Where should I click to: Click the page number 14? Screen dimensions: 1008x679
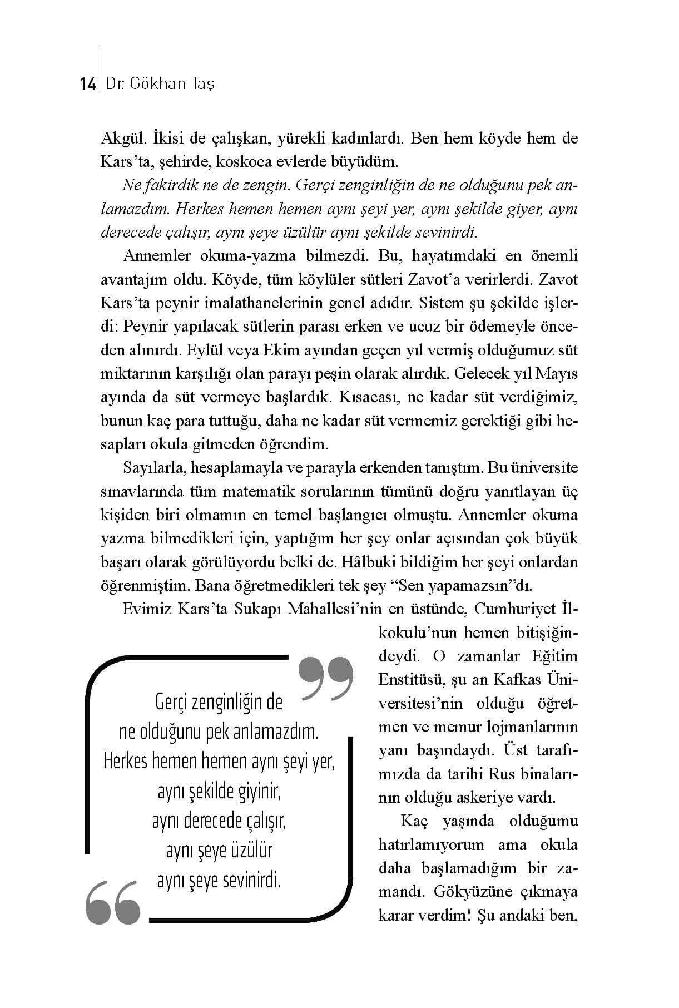coord(88,84)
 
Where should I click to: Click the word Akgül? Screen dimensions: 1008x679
coord(122,138)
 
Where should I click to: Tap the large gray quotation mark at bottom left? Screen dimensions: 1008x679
coord(113,902)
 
